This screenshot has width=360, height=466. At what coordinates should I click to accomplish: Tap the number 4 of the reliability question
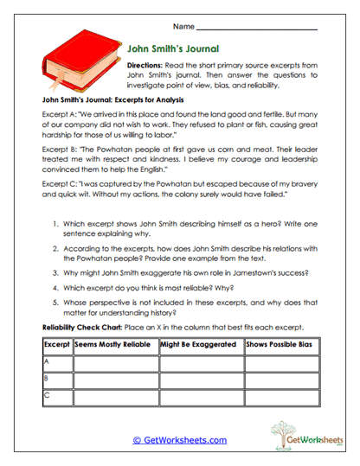tap(55, 290)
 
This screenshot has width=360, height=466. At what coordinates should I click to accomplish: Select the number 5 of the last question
tap(55, 304)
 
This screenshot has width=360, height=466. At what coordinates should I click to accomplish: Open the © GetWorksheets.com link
tap(179, 440)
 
